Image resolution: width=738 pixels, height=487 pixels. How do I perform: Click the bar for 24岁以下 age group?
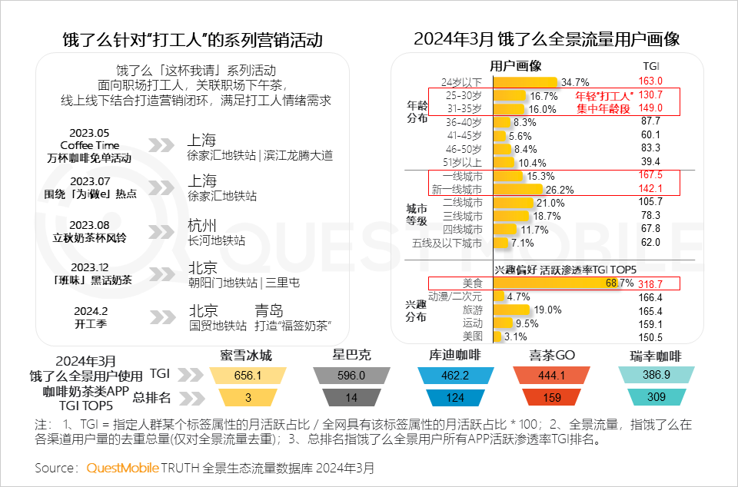tap(525, 81)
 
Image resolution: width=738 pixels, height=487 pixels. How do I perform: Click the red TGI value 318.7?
tap(650, 283)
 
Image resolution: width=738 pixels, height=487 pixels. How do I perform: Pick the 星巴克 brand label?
tap(351, 355)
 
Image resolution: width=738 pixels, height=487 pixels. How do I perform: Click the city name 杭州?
tap(201, 225)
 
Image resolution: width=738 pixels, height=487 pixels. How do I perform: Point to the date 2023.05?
tap(89, 132)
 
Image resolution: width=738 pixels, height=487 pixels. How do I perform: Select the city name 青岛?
tap(270, 310)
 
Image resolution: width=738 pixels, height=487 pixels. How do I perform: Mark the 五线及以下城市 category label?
tap(457, 243)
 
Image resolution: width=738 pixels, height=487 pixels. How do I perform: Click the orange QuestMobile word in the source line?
tap(122, 468)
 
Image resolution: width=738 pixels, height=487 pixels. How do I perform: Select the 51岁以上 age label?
tap(464, 162)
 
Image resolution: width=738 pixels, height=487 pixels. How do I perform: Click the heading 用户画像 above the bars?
tap(516, 66)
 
